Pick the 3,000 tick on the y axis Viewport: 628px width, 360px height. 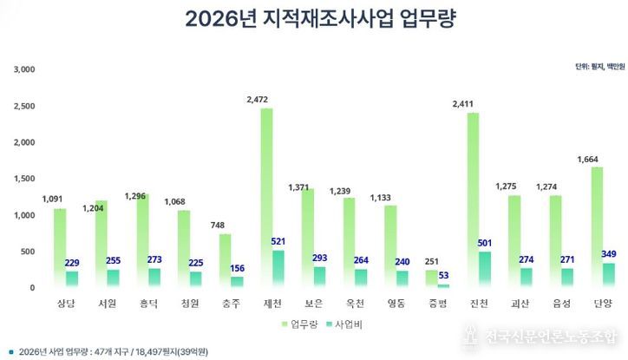point(24,69)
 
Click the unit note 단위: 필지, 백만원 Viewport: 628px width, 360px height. point(597,66)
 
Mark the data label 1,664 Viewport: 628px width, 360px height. point(590,159)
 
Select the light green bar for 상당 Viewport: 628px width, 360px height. point(59,248)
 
